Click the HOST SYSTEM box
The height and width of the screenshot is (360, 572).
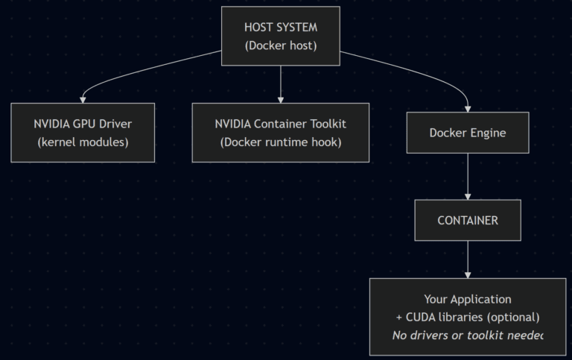coord(280,36)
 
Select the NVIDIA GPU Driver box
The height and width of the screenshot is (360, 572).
coord(83,133)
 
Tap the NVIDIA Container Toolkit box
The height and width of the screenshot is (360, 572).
coord(280,133)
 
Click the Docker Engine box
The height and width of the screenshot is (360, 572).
coord(467,133)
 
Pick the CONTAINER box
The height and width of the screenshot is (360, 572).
coord(467,221)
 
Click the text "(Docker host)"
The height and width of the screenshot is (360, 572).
coord(281,45)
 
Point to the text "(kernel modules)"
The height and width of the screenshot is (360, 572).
coord(83,142)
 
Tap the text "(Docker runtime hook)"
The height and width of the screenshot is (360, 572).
coord(280,142)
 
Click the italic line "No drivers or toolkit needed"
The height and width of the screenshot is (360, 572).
coord(467,335)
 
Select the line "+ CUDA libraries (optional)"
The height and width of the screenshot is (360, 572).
coord(467,318)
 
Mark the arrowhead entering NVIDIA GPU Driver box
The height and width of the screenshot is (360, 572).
coord(83,99)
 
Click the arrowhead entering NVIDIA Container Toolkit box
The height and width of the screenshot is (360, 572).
coord(280,99)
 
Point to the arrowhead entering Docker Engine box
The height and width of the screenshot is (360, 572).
coord(467,108)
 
